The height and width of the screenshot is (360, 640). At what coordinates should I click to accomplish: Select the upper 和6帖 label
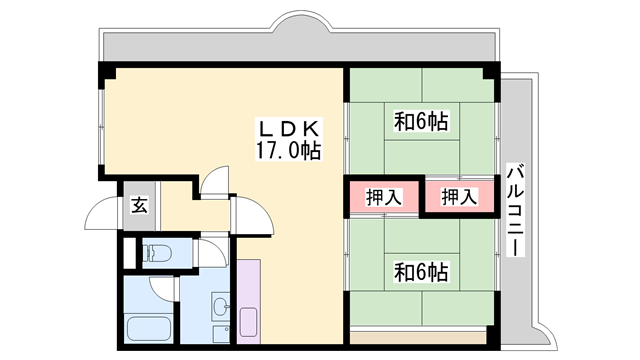pos(420,122)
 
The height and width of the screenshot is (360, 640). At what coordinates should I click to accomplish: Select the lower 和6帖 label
pos(420,271)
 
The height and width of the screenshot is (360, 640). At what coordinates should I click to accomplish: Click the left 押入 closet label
pos(384,196)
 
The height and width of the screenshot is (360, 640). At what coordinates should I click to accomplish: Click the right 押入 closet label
pos(460,196)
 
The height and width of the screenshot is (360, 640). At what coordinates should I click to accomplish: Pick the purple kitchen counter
pos(249,290)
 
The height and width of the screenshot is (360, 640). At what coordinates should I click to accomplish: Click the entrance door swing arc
pos(102,215)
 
